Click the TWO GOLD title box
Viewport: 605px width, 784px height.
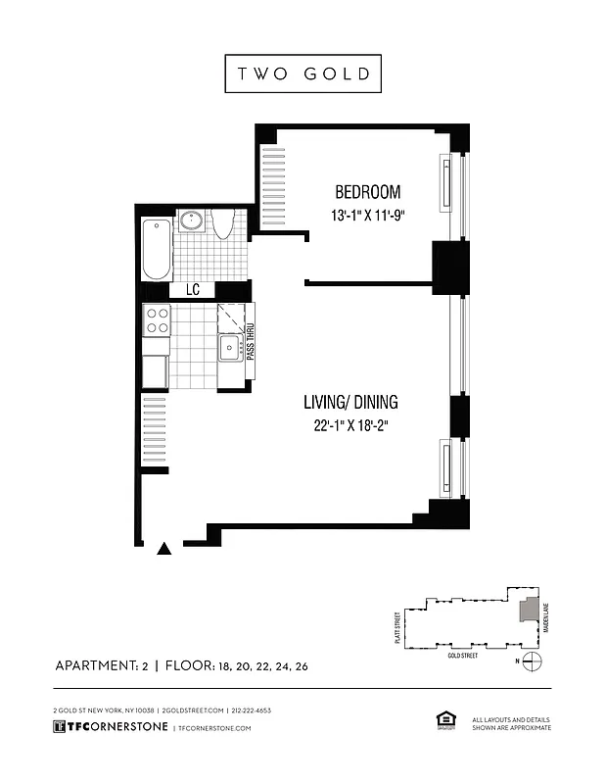tap(302, 73)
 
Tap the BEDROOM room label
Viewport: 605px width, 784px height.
tap(367, 192)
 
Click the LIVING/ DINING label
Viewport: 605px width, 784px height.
tap(350, 401)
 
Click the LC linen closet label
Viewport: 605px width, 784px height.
tap(193, 291)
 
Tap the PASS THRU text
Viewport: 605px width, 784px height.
tap(251, 343)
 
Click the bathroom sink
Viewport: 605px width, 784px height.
tap(191, 221)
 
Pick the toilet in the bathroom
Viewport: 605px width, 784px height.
tap(222, 225)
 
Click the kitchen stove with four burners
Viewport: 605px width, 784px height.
tap(158, 320)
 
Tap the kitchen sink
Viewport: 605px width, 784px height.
tap(230, 346)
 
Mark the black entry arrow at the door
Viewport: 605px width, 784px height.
tap(165, 550)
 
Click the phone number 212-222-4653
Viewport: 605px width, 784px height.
tap(252, 710)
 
